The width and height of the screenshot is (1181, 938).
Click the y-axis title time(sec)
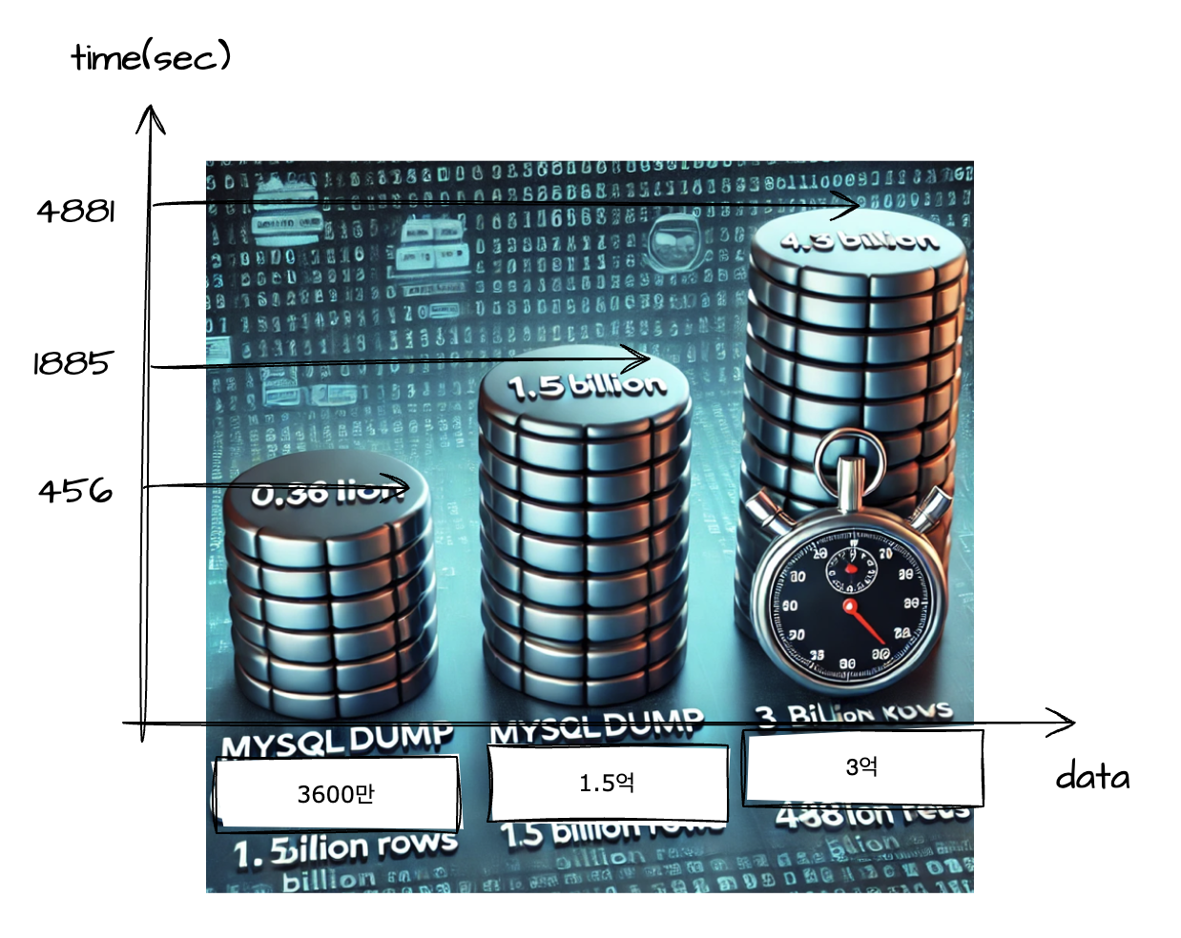[x=151, y=57]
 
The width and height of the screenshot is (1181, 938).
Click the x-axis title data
[x=1092, y=777]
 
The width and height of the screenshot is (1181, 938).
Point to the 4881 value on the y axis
[x=76, y=210]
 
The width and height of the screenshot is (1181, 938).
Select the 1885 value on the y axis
[x=73, y=362]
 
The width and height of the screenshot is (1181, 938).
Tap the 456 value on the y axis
[x=75, y=491]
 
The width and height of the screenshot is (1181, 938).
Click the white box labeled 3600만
[x=336, y=793]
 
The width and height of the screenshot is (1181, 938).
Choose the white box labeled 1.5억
[x=607, y=783]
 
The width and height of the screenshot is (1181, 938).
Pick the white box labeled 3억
[x=862, y=766]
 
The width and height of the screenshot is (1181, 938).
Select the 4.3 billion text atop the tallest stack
[x=859, y=240]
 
